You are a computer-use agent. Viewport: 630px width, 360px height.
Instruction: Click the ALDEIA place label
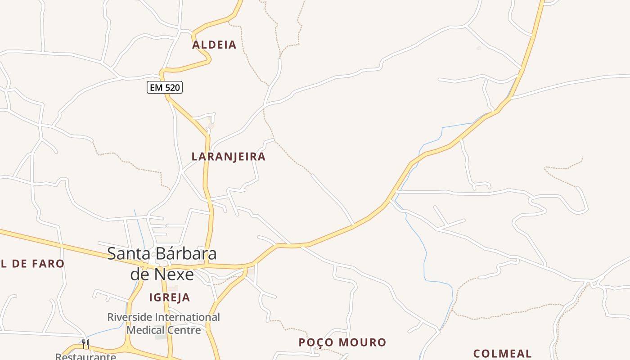click(x=214, y=45)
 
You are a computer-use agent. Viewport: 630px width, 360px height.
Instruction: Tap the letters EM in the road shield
click(x=156, y=87)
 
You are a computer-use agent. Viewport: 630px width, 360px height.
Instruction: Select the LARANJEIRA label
click(x=229, y=157)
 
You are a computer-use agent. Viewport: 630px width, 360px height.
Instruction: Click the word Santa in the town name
click(x=128, y=253)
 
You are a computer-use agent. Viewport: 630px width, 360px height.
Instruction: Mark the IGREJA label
click(x=170, y=297)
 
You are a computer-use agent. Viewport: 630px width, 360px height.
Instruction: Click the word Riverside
click(x=130, y=317)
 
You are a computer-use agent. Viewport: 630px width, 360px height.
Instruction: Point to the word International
click(x=187, y=317)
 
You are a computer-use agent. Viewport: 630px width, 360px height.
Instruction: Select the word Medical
click(x=144, y=330)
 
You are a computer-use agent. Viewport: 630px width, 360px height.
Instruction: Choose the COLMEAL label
click(x=502, y=353)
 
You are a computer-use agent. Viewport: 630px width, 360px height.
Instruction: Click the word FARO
click(x=49, y=264)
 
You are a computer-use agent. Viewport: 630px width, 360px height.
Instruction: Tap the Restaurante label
click(x=85, y=357)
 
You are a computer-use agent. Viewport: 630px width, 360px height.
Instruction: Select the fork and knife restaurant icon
click(x=85, y=344)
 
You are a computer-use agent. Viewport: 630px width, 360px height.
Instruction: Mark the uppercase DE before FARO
click(x=19, y=264)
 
